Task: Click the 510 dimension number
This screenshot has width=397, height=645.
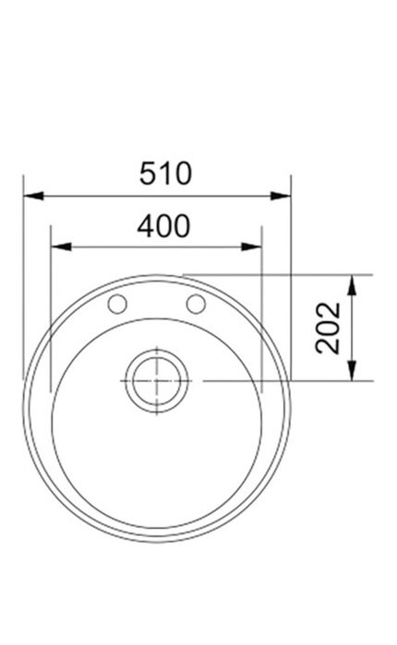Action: (x=165, y=173)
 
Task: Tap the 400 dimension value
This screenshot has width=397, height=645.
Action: (x=163, y=226)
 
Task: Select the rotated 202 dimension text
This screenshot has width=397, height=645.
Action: (x=328, y=328)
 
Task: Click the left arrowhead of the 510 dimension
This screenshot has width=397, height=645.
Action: (x=33, y=196)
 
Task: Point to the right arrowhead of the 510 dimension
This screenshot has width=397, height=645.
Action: (x=281, y=196)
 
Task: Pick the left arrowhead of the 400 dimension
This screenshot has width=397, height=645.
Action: (x=61, y=246)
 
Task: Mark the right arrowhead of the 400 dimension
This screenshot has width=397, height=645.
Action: (x=251, y=246)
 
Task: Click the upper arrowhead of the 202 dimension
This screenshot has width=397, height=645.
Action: (x=352, y=285)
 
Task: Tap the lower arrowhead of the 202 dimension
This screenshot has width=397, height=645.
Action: (x=352, y=370)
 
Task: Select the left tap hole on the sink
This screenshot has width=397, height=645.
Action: (x=117, y=304)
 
